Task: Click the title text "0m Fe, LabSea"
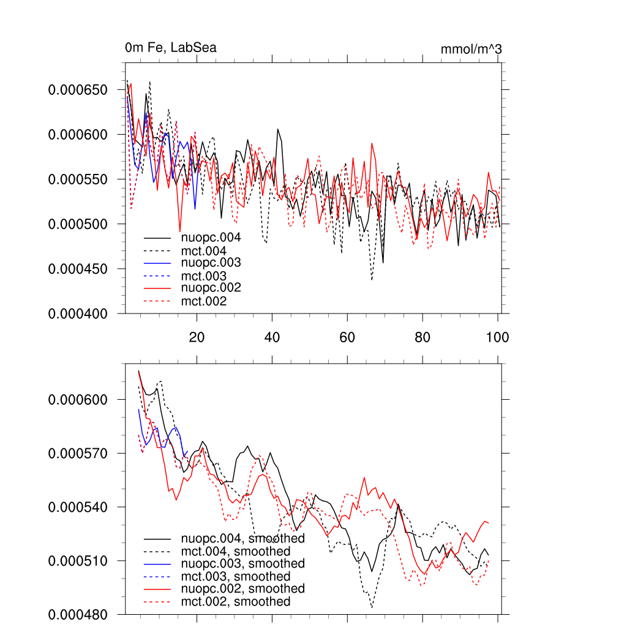point(170,48)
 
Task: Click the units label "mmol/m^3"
point(471,49)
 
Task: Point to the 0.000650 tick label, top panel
point(78,90)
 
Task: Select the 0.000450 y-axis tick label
point(78,269)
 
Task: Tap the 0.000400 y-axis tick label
point(78,313)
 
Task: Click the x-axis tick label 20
point(197,337)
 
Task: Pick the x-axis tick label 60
point(347,337)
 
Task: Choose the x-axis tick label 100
point(497,337)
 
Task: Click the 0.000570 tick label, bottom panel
point(78,454)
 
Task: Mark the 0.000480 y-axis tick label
point(78,614)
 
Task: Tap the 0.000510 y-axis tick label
point(78,561)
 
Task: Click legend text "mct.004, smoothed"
point(236,552)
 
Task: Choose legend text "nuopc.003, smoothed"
point(243,563)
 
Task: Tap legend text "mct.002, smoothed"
point(236,602)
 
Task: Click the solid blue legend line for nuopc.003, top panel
point(158,263)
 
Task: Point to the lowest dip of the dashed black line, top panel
point(372,280)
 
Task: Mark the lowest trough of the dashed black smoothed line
point(372,607)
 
